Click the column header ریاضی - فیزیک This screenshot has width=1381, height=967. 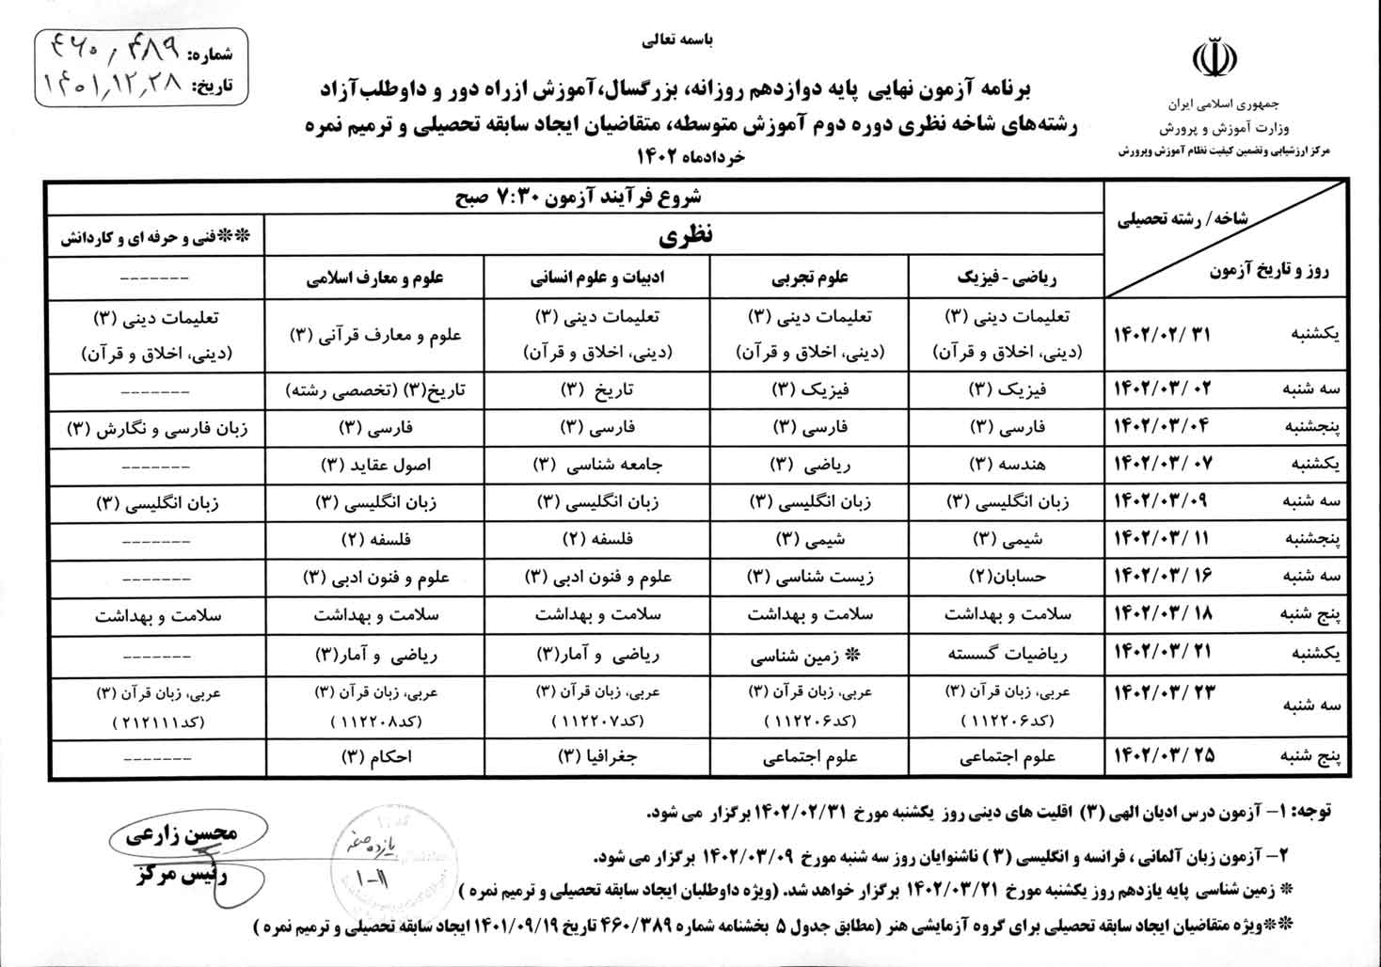(x=1007, y=278)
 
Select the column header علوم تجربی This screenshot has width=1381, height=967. (x=809, y=278)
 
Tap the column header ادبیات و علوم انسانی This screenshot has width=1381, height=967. (x=596, y=278)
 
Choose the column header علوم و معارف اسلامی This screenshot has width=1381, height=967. (x=374, y=278)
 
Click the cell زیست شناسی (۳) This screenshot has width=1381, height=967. (x=809, y=575)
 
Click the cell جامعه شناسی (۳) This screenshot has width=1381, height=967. (x=596, y=464)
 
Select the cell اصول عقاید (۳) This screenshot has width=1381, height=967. (x=374, y=464)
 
